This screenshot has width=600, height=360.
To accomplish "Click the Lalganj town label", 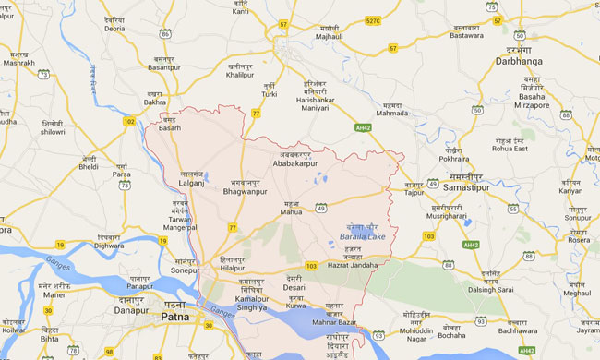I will click(191, 183).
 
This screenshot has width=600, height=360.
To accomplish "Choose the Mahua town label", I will click(292, 210).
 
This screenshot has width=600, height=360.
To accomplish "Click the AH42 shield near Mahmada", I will click(364, 126).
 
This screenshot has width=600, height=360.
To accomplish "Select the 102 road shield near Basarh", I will click(128, 121).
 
